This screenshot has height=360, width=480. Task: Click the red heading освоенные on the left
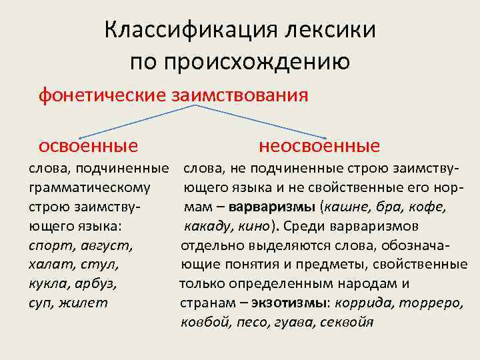89,145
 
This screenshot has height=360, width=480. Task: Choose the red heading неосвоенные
319,145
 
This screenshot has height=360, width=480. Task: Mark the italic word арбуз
97,284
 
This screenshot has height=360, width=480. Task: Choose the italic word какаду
205,226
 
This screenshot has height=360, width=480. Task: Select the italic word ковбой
203,323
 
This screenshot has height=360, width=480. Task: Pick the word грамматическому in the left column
89,187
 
